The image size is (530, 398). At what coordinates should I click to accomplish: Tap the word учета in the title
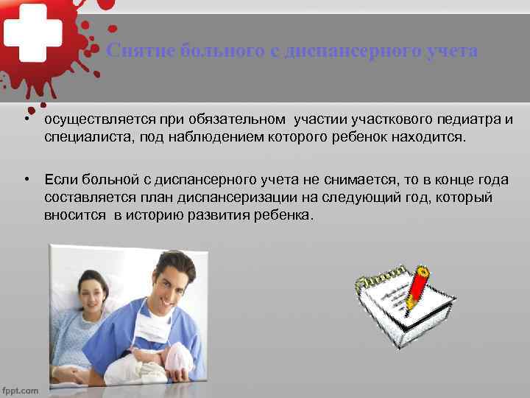tap(451, 51)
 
